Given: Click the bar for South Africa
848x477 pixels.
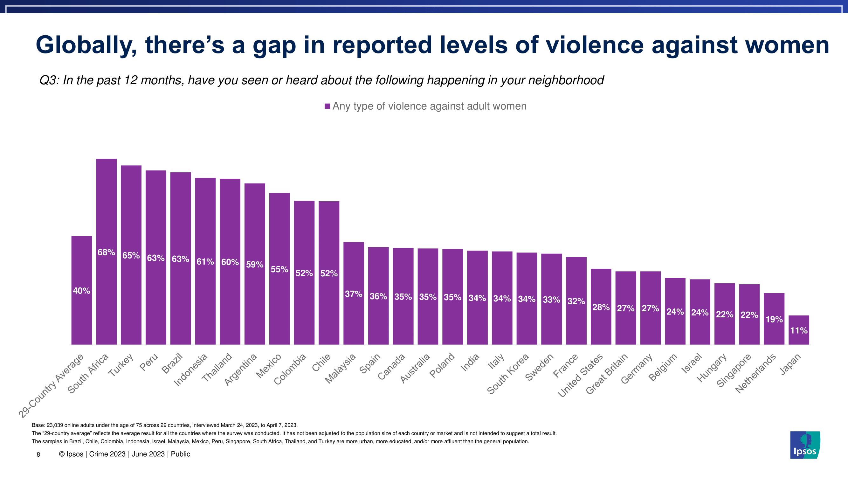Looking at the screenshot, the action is (106, 252).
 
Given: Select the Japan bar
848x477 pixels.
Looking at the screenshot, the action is (799, 330).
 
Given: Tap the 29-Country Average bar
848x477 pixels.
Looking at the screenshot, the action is (82, 290).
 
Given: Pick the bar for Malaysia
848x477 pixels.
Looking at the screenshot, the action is (354, 293).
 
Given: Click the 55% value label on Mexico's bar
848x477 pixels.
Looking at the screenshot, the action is (279, 269).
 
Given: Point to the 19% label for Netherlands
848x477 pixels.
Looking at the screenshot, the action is (774, 319).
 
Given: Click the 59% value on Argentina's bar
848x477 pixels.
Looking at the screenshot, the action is (255, 264).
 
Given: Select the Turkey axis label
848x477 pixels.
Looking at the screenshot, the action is (121, 365).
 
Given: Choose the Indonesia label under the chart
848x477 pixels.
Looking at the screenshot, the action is (190, 369).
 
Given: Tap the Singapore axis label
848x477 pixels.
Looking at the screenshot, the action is (734, 370).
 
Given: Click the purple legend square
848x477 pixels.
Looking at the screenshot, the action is (327, 106).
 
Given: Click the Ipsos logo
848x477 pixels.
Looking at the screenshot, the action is (805, 445).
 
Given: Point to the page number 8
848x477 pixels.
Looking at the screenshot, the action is (38, 455).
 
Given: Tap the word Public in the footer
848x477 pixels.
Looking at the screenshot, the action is (180, 454).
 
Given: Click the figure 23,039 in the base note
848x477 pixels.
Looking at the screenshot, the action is (54, 425).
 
